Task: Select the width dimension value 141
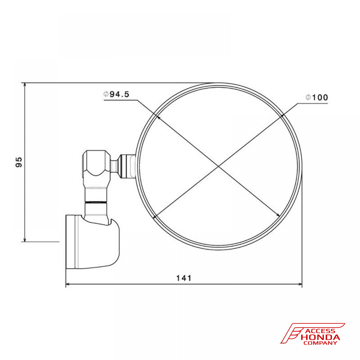(184, 278)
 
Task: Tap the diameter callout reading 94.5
(117, 94)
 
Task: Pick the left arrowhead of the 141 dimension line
(68, 284)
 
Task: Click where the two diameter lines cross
(218, 166)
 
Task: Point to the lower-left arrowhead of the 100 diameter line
(155, 217)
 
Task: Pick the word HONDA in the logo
(320, 337)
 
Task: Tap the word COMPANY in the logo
(320, 343)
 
